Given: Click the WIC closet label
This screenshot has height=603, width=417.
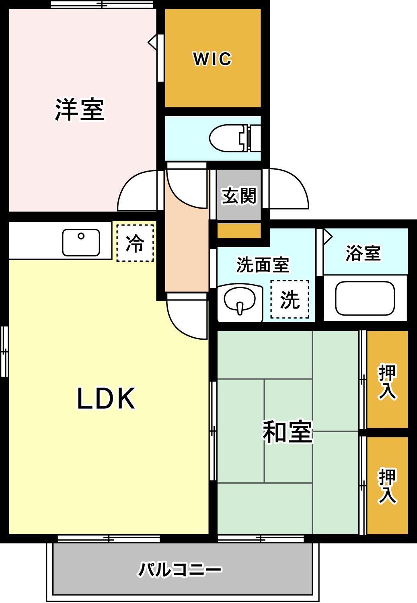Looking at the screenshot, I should pos(212,59).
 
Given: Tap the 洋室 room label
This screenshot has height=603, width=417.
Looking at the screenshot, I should pos(80,109).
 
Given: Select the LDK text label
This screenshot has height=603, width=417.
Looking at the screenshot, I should pos(106,398).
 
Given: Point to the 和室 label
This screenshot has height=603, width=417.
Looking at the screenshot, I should pos(288,432).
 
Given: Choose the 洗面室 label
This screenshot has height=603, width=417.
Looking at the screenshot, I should pos(263,265).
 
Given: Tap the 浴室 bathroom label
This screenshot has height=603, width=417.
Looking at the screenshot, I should pos(363,253).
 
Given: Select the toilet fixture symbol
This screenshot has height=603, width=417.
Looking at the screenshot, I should pos(231,138).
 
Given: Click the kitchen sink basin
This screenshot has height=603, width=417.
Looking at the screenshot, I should pos(81,242).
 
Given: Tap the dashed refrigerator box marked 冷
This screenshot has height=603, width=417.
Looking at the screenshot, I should pos(135,243).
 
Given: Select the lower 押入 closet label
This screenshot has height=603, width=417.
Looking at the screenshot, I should pos(387,486).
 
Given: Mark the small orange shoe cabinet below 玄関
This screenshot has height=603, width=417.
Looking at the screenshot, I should pos(239,231).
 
